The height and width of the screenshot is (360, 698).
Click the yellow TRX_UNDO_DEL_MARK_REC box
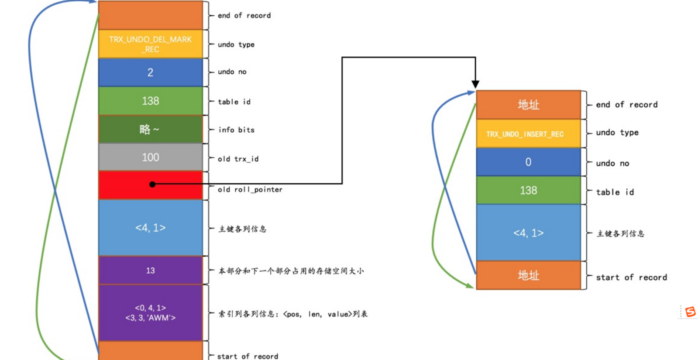(x=150, y=44)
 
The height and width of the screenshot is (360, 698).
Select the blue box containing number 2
(x=150, y=72)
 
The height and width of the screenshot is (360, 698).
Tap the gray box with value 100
(x=150, y=157)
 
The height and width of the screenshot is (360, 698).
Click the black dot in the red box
(x=152, y=184)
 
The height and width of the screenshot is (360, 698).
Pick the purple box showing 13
(x=150, y=271)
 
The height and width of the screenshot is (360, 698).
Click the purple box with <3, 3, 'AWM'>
(x=150, y=313)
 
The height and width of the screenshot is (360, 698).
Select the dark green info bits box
(x=150, y=129)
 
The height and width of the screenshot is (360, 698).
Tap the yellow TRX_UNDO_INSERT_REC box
(x=528, y=134)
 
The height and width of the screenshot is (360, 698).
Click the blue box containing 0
(x=528, y=162)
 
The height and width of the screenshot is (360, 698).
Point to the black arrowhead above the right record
(x=475, y=84)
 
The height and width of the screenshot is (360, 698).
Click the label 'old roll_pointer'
(x=250, y=189)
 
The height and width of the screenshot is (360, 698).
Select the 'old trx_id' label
(x=238, y=159)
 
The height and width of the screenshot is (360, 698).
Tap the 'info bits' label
(x=236, y=130)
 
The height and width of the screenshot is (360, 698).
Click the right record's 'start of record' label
(x=631, y=278)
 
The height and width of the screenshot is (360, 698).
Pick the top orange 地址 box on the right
(x=528, y=105)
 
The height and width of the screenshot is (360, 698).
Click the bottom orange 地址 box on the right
(x=528, y=275)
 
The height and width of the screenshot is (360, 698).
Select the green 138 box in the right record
(x=528, y=190)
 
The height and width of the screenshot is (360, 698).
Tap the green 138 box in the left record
(x=150, y=101)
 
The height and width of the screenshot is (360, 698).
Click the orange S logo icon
(x=690, y=312)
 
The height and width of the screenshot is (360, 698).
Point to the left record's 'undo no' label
(x=232, y=72)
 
